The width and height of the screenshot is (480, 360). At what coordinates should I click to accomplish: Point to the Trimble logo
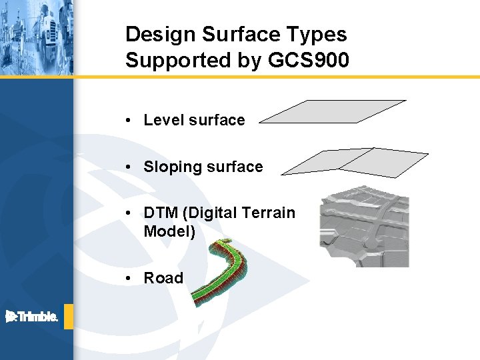[x=32, y=317]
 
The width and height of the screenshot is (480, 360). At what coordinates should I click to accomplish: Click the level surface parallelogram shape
[x=333, y=112]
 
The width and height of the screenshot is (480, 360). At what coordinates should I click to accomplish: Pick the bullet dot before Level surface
[x=134, y=121]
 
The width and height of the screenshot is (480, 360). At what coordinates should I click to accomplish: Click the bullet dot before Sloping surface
[x=134, y=167]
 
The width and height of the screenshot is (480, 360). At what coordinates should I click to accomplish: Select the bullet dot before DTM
[x=134, y=213]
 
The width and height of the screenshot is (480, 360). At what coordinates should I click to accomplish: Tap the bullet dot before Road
[x=134, y=279]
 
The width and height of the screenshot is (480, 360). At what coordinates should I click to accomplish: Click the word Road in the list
[x=163, y=279]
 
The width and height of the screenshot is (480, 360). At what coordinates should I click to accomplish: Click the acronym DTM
[x=161, y=213]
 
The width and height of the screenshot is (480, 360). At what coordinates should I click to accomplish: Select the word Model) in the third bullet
[x=169, y=232]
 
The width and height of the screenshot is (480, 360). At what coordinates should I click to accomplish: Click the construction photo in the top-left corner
[x=36, y=37]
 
